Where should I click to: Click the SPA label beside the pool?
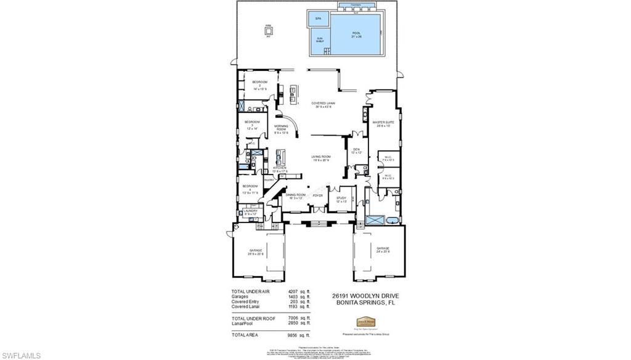click(318, 19)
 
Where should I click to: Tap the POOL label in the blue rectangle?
click(356, 35)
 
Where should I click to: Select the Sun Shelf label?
click(319, 40)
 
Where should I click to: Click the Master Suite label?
click(383, 123)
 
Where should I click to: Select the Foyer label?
click(318, 195)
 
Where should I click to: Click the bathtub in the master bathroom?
click(375, 219)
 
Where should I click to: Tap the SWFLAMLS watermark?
click(21, 355)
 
